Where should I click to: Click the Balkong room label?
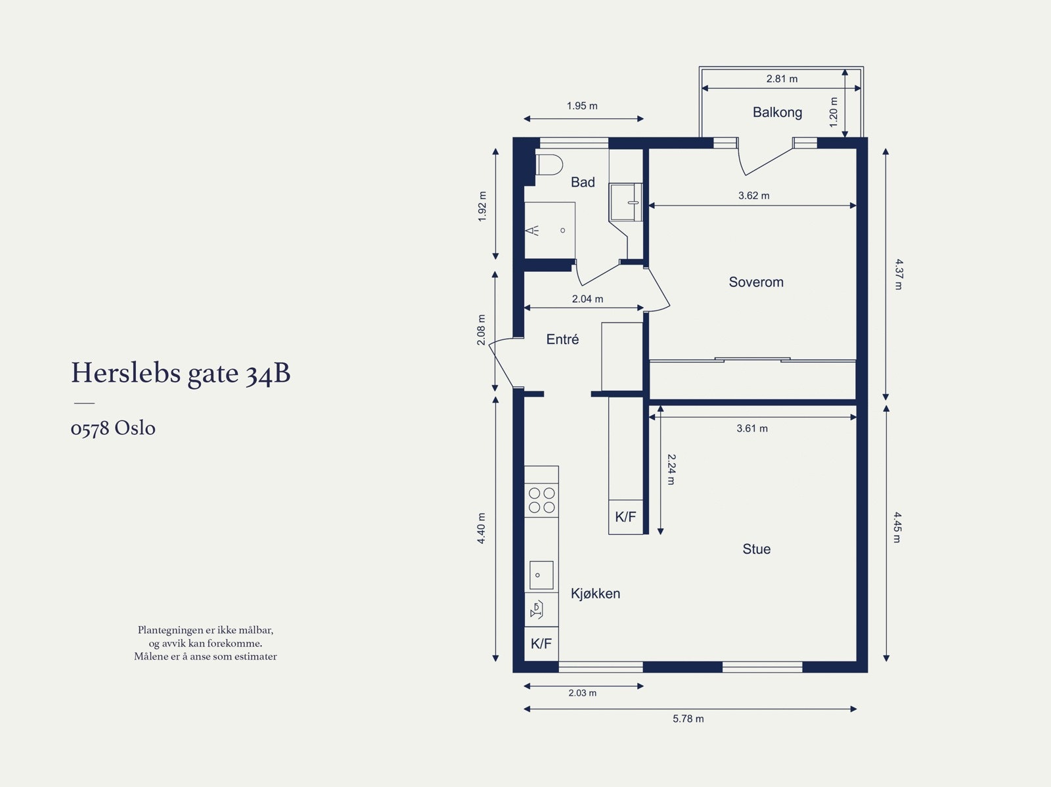click(x=777, y=112)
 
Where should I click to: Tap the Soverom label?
click(x=756, y=282)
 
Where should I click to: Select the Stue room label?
click(x=756, y=549)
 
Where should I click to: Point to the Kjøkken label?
click(x=595, y=594)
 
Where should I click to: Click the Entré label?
click(x=562, y=340)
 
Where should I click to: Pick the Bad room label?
click(x=583, y=183)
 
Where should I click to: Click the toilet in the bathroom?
click(x=550, y=164)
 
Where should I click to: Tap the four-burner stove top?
click(x=542, y=500)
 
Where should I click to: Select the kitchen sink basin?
click(x=541, y=575)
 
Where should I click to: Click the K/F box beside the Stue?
click(x=625, y=517)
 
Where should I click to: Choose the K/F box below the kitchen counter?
click(x=541, y=644)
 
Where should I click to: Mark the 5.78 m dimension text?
click(x=688, y=719)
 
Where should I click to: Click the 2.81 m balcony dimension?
click(x=782, y=79)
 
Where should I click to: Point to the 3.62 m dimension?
click(x=753, y=196)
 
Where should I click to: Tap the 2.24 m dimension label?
click(x=671, y=469)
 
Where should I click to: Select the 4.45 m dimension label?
click(x=897, y=528)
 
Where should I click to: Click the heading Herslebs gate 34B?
click(x=181, y=373)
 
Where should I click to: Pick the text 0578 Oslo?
click(x=113, y=428)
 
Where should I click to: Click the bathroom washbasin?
click(x=625, y=202)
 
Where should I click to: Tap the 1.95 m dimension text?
click(x=582, y=106)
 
